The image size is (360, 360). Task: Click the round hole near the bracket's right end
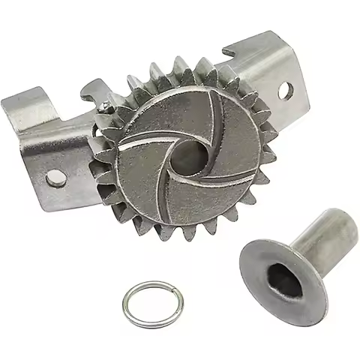284,90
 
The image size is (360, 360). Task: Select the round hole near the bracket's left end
55,178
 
